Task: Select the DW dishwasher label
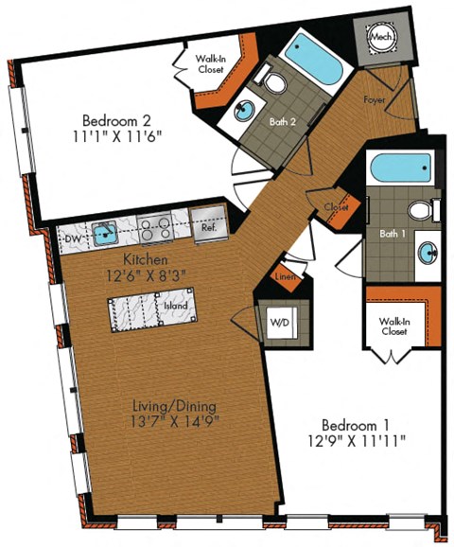(72, 238)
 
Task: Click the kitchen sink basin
(105, 230)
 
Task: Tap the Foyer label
(374, 98)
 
